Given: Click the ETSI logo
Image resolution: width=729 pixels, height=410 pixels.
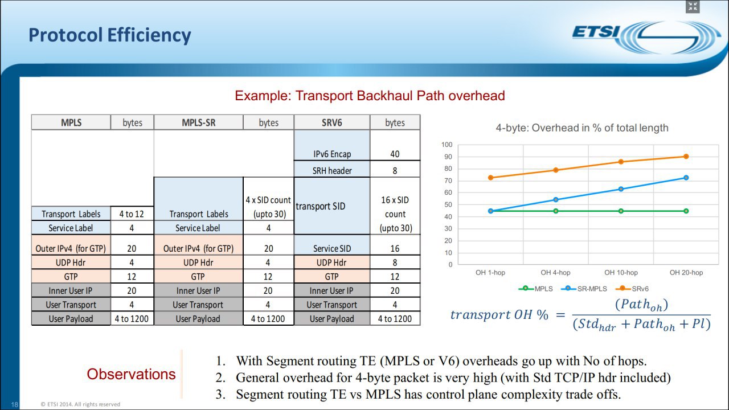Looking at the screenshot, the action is tap(646, 37).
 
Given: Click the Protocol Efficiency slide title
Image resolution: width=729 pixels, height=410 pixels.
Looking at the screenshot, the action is tap(110, 35).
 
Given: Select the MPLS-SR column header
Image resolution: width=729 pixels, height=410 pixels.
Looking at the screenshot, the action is tap(199, 122).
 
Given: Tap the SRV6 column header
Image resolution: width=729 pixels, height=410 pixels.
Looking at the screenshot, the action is tap(332, 122).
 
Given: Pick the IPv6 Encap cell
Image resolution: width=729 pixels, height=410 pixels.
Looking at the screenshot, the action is tap(332, 154).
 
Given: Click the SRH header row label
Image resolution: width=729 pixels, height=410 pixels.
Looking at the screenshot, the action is tap(332, 170).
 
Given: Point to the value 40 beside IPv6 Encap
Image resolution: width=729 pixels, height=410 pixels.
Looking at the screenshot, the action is tap(395, 154).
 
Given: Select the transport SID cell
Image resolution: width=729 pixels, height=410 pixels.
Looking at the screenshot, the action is tap(321, 206).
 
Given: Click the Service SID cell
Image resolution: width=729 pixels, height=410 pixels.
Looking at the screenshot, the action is tap(332, 249).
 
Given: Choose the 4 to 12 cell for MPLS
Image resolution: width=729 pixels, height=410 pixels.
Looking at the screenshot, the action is tap(132, 214).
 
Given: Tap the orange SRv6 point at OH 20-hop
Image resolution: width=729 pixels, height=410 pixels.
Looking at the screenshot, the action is tap(686, 157).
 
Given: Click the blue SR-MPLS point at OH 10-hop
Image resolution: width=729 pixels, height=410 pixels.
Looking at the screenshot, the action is tap(621, 189).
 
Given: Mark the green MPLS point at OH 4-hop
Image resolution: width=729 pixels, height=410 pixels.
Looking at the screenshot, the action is tap(556, 211).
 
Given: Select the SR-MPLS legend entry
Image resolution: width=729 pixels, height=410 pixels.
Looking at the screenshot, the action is tap(584, 289).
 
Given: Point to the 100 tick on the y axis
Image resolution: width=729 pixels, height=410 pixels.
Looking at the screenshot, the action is tap(447, 145).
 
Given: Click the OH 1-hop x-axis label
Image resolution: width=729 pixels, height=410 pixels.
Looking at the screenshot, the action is tap(490, 272).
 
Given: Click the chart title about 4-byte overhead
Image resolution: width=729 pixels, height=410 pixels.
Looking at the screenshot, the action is tap(582, 128).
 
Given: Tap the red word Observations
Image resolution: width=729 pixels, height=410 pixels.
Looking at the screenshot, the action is tap(131, 374).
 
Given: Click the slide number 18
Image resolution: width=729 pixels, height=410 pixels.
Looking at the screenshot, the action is tap(15, 404).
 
